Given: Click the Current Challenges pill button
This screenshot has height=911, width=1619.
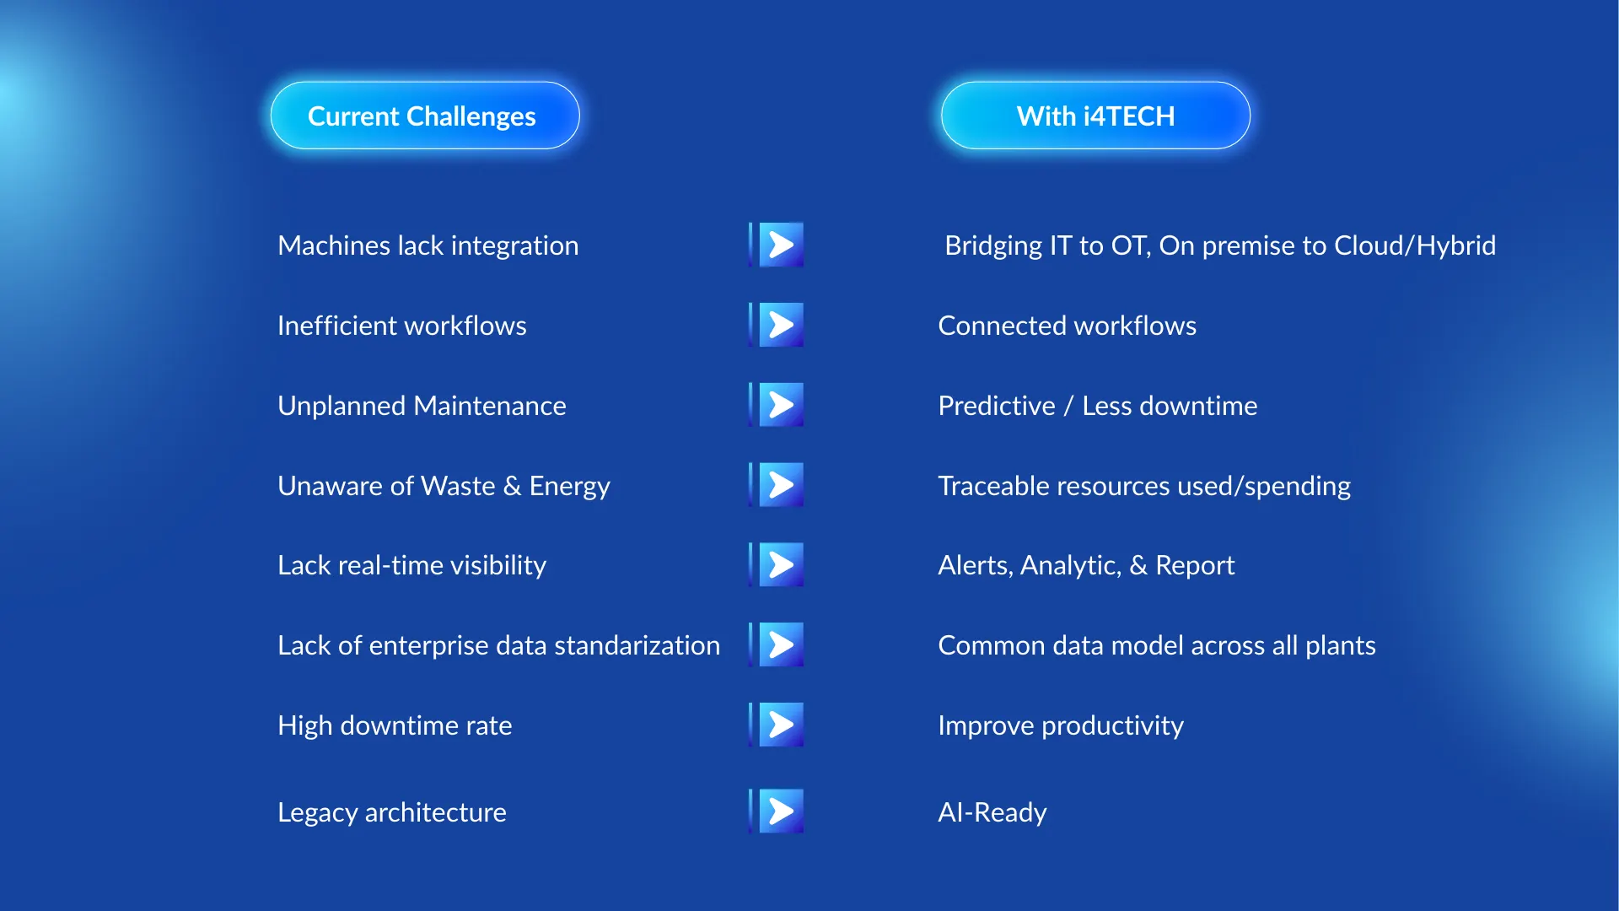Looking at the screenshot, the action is click(425, 116).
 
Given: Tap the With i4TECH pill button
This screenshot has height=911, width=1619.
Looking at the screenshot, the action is click(1095, 116).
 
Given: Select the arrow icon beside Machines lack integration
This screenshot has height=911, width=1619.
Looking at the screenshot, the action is click(776, 245).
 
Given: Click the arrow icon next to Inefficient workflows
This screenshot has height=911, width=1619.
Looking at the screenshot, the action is click(776, 325).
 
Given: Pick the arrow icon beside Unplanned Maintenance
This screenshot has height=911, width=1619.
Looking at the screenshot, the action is click(776, 405).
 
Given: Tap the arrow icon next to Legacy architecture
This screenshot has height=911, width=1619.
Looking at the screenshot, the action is click(776, 811).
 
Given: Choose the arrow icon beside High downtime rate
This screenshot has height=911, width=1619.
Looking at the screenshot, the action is click(776, 725).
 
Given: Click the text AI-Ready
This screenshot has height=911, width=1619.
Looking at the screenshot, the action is click(992, 812).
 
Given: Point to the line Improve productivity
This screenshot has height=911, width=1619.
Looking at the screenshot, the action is click(1061, 726).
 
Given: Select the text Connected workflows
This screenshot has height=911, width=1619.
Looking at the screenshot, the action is click(1068, 326).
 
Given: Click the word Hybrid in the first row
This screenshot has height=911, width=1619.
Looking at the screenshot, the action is click(1456, 245).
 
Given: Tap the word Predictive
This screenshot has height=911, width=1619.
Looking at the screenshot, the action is click(997, 406).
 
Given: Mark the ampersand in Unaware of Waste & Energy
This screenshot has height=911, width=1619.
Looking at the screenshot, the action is click(512, 486).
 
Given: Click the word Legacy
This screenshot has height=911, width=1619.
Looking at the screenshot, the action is click(318, 813).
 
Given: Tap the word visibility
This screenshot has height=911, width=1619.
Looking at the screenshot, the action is click(498, 566).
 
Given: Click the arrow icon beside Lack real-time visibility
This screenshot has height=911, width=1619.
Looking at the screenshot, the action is click(776, 564).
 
